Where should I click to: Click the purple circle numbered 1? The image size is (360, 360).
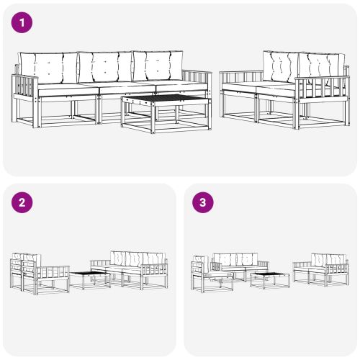22,23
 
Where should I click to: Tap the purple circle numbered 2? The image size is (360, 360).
22,202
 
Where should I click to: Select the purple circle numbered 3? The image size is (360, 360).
203,202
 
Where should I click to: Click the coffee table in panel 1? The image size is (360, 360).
166,113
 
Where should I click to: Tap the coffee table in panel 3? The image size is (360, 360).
270,280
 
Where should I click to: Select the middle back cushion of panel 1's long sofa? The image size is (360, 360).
106,66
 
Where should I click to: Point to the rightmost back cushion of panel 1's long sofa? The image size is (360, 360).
158,66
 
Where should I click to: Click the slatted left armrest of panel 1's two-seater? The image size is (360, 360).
241,77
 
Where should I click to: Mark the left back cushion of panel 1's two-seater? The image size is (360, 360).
281,66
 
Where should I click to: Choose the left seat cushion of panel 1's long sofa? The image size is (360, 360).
68,89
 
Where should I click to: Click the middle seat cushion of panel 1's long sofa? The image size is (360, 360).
127,87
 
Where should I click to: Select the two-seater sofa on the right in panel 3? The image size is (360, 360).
321,270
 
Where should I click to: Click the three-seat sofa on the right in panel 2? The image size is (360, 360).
129,270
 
